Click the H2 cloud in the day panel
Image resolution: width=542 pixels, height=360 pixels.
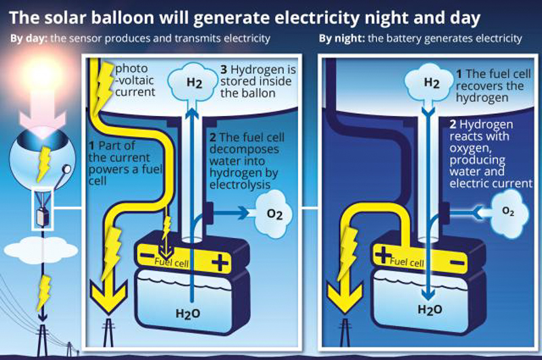tap(193, 81)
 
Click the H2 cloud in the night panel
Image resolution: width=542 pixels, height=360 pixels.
tap(430, 82)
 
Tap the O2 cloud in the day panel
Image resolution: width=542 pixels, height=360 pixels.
tap(274, 214)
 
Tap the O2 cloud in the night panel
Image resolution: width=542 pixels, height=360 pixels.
tap(509, 211)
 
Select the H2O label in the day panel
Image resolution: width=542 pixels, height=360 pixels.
tap(188, 313)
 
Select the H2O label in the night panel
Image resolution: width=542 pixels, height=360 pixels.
tap(430, 309)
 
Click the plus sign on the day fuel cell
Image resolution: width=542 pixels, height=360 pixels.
tap(220, 263)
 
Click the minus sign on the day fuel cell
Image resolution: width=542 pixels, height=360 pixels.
tap(148, 256)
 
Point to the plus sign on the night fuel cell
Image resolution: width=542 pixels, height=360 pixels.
tap(383, 255)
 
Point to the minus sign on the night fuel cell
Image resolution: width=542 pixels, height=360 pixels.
tap(457, 264)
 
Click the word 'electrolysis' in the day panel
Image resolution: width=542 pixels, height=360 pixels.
tap(240, 184)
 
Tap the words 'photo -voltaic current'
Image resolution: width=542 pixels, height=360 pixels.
tap(135, 80)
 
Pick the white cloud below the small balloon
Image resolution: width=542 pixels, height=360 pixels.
tap(41, 249)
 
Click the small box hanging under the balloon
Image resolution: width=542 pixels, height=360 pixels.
tap(43, 216)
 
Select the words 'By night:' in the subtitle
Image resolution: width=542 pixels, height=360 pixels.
tap(342, 39)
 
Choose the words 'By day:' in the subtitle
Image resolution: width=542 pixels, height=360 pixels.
tap(29, 39)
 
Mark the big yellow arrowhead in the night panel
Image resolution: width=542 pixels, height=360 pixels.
tap(345, 298)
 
